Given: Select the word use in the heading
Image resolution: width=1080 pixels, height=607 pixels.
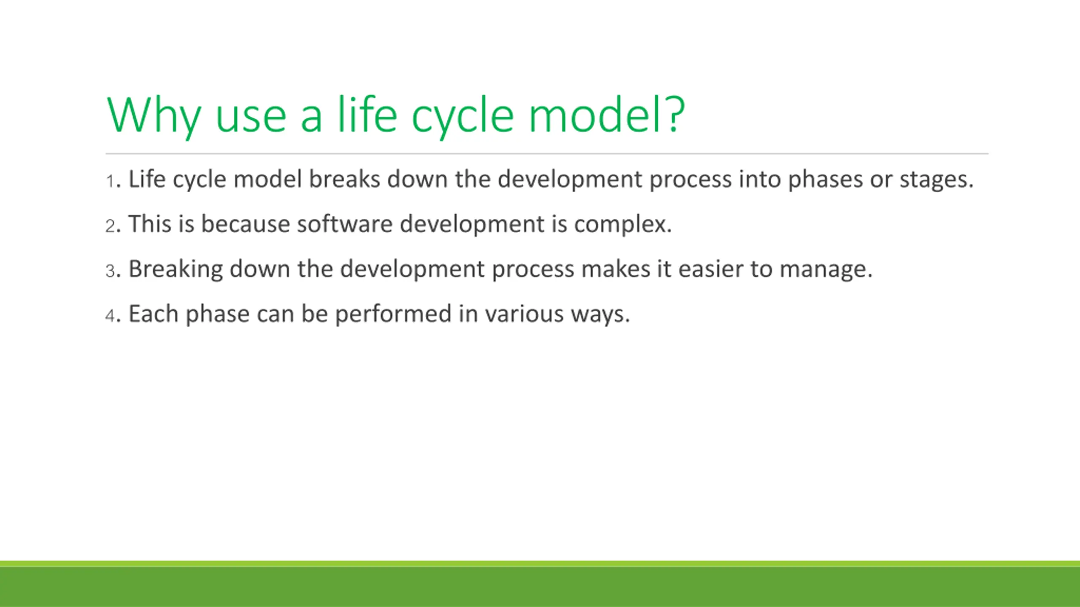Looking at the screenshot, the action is point(251,118).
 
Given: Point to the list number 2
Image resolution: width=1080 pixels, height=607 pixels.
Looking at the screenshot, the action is point(110,226).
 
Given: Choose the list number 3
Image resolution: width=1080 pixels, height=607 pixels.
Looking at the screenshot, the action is point(110,271).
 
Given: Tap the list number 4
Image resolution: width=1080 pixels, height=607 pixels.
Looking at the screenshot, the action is point(110,316).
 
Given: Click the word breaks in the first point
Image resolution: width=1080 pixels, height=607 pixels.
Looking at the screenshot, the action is point(345,179).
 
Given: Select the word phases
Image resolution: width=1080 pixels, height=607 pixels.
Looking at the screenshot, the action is point(826,181).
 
